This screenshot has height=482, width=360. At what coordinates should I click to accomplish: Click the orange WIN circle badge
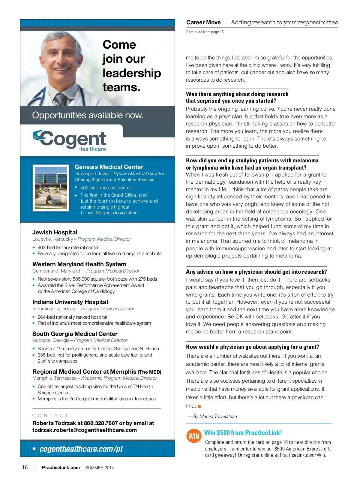tap(194, 436)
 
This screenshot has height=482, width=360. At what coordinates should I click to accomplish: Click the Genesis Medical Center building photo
tap(51, 188)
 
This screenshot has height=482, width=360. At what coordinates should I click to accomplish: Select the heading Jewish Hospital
tap(55, 232)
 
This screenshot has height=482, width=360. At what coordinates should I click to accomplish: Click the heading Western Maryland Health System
tap(79, 264)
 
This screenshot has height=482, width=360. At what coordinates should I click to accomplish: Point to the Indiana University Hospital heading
tap(70, 302)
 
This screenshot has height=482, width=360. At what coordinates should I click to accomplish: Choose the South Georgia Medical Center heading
tap(75, 334)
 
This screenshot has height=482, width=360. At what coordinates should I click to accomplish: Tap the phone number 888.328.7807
tap(101, 423)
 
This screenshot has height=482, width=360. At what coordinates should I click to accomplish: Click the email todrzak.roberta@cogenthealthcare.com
tap(85, 430)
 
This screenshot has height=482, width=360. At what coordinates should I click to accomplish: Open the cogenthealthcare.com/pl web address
tap(81, 449)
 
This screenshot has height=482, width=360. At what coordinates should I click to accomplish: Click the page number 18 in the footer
tap(25, 467)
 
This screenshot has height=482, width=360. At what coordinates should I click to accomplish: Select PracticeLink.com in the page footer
tap(61, 468)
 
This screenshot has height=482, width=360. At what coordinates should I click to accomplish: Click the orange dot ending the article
tap(199, 406)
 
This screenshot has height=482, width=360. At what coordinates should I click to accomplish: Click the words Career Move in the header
tap(203, 23)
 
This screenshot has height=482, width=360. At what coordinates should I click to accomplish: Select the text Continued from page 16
tap(205, 32)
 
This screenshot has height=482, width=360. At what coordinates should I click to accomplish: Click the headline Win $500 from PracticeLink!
tap(243, 432)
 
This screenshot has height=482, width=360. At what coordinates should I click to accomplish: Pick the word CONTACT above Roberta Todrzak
tap(50, 416)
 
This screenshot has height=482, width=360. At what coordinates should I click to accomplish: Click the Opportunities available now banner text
tap(88, 115)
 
